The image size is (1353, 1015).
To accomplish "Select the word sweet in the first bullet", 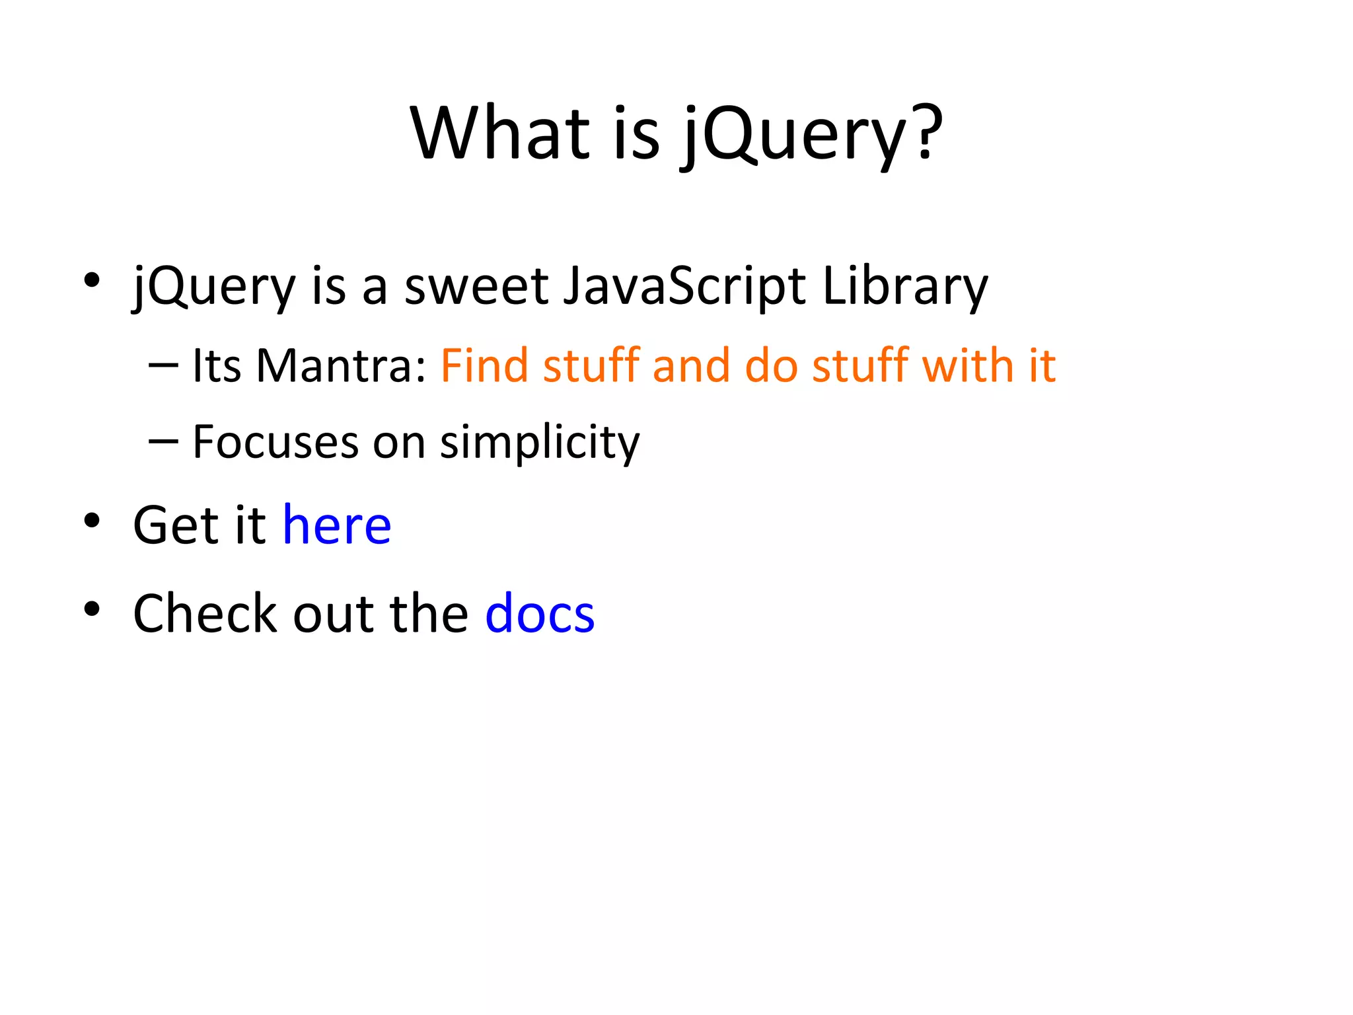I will pos(476,287).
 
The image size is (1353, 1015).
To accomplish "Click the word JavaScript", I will pos(684,287).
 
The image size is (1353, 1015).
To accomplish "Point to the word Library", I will pos(904,287).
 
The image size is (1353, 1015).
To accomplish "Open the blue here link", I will pos(337,525).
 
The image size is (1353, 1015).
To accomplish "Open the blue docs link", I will pos(540,613).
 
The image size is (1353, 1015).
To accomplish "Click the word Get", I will pos(176,525).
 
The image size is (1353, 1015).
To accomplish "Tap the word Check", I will pos(205,613).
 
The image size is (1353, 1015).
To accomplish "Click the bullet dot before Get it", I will pos(92,521).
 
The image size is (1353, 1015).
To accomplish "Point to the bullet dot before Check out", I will pos(92,609).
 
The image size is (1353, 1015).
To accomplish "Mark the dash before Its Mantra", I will pos(163,365).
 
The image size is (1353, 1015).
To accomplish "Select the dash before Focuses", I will pos(163,441).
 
